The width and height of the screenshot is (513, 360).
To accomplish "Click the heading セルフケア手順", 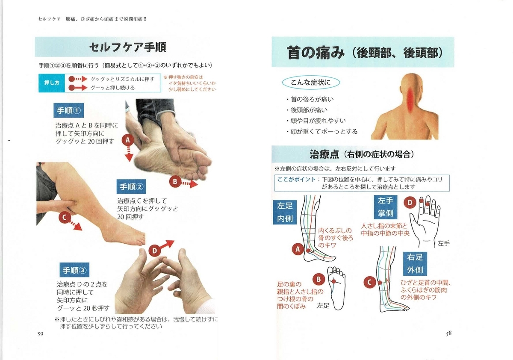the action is pos(127,47).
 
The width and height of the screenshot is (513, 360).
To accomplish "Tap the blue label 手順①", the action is pos(69,110).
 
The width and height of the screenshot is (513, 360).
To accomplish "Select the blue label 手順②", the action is pos(131,187).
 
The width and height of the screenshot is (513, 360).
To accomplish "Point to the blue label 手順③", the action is pos(74,270).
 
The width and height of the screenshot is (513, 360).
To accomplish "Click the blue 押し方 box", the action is pos(52,83).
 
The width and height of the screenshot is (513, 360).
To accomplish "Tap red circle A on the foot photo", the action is pos(128,140).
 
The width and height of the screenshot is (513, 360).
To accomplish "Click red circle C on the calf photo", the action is pos(65,217).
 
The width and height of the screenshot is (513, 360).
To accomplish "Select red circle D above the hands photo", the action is pos(155,251).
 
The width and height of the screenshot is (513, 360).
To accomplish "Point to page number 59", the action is pos(40,334).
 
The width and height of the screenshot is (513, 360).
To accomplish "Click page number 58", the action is pos(448,333).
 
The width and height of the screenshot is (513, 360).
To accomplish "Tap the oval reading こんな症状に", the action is pos(311,83).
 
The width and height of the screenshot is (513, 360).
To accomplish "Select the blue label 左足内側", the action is pos(285,212).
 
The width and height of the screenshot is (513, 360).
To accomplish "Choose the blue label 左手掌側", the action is pos(386,207).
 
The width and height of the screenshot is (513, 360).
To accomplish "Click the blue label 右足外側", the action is pos(415,264).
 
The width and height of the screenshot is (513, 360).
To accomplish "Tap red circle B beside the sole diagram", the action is pos(318,279).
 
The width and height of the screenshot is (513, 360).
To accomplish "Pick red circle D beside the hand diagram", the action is pos(410,203).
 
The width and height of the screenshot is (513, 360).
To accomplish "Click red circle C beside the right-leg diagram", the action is pos(370,282).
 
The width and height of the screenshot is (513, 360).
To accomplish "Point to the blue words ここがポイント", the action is pos(296,179).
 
